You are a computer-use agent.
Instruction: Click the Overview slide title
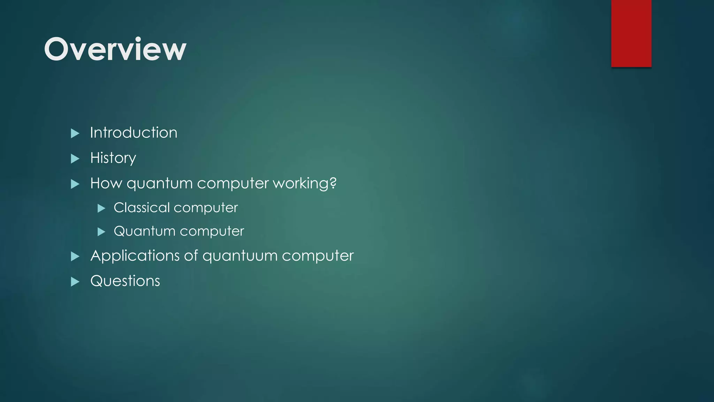[x=115, y=49]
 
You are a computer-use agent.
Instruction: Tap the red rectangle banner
[x=631, y=33]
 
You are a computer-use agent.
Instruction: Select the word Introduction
[x=134, y=133]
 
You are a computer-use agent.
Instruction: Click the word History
[x=113, y=158]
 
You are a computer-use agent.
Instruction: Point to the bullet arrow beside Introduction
[x=75, y=133]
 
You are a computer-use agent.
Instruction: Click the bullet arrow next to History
[x=75, y=159]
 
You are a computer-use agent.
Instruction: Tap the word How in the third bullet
[x=106, y=183]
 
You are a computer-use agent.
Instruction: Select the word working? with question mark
[x=304, y=183]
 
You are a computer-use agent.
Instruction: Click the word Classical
[x=142, y=208]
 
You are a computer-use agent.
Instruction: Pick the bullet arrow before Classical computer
[x=101, y=209]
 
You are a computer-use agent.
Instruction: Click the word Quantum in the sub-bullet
[x=144, y=231]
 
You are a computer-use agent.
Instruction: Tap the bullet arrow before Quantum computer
[x=101, y=232]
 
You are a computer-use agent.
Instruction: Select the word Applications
[x=135, y=256]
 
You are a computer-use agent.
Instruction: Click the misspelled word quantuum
[x=240, y=256]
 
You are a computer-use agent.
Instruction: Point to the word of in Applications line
[x=191, y=255]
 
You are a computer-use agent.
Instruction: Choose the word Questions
[x=125, y=281]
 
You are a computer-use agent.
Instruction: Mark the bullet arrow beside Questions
[x=75, y=282]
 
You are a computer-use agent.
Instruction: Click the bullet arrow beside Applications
[x=75, y=256]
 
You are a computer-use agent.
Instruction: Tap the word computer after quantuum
[x=318, y=256]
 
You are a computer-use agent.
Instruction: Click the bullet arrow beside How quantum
[x=75, y=184]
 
